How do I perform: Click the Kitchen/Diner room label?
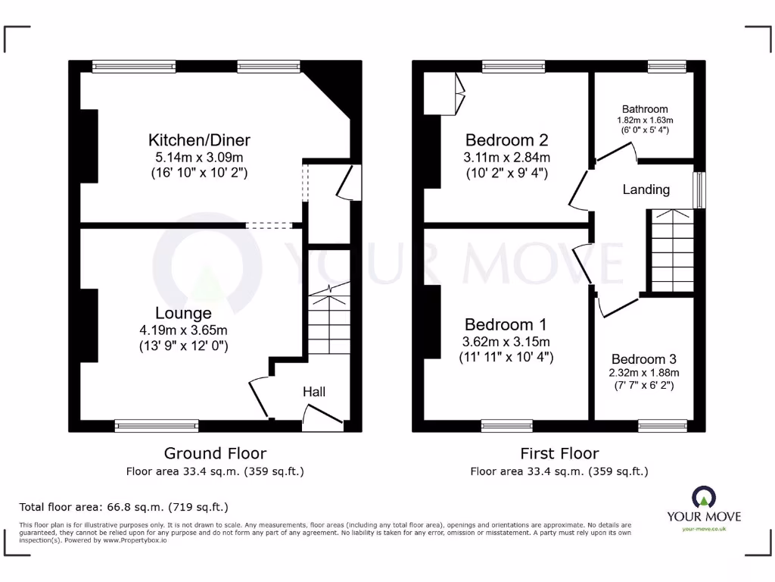pyautogui.click(x=199, y=140)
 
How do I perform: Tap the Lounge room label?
pyautogui.click(x=183, y=313)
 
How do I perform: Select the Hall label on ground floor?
pyautogui.click(x=314, y=392)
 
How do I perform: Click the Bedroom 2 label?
pyautogui.click(x=506, y=140)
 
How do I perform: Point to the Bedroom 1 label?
pyautogui.click(x=506, y=324)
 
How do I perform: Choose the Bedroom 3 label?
pyautogui.click(x=644, y=359)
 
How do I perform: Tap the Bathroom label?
pyautogui.click(x=645, y=109)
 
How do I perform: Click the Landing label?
pyautogui.click(x=646, y=189)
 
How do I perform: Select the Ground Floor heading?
pyautogui.click(x=215, y=453)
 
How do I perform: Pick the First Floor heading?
pyautogui.click(x=559, y=453)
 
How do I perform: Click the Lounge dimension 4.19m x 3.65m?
pyautogui.click(x=183, y=330)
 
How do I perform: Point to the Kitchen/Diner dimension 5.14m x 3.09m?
pyautogui.click(x=199, y=158)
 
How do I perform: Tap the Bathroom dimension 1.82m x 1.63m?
pyautogui.click(x=645, y=120)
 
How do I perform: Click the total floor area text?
pyautogui.click(x=123, y=507)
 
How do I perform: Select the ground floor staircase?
pyautogui.click(x=329, y=318)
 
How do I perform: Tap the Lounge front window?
pyautogui.click(x=157, y=426)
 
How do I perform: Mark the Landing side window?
pyautogui.click(x=700, y=190)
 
